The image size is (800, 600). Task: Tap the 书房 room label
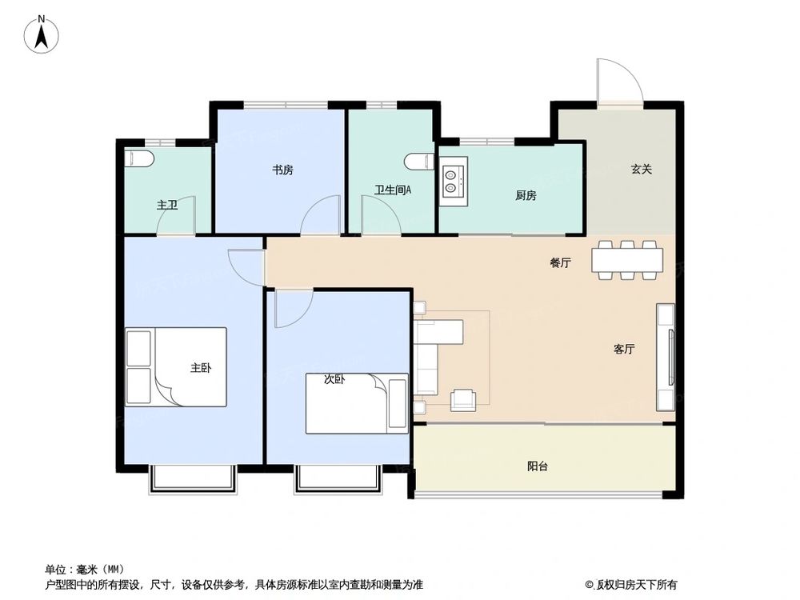point(282,170)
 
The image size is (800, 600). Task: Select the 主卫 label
point(166,206)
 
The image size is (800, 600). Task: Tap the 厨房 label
point(526,195)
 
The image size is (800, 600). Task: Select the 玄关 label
point(642,169)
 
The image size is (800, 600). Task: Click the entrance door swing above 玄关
point(618,82)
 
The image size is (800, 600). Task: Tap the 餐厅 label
point(560,263)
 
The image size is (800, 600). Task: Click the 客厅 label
point(624,349)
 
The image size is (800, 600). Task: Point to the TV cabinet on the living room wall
point(666,355)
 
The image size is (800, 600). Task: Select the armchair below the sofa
point(463,399)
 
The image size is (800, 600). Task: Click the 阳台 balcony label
point(538,466)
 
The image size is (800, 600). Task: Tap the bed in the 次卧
point(356,404)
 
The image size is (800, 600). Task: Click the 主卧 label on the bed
point(200,368)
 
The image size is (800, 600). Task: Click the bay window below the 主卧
point(194,478)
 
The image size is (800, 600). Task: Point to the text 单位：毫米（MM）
point(85,570)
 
